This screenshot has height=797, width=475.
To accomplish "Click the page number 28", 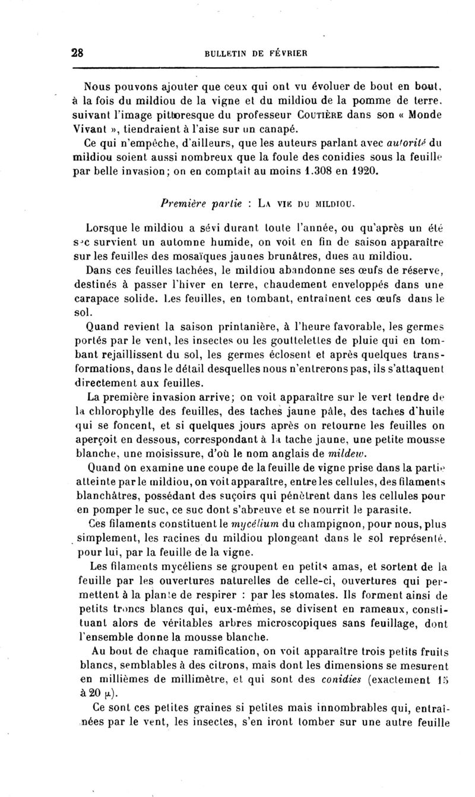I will (x=77, y=52).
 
